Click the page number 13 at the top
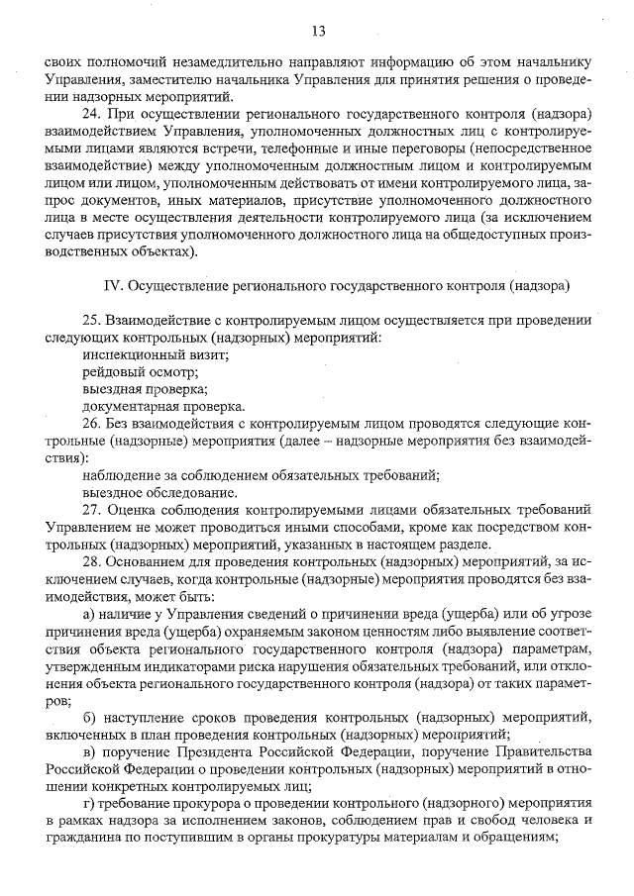click(x=318, y=31)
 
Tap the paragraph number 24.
click(x=92, y=115)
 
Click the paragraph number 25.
click(x=92, y=321)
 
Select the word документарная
click(x=130, y=406)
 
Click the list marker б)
click(x=90, y=716)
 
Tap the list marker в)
click(x=90, y=750)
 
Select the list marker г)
click(x=89, y=802)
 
